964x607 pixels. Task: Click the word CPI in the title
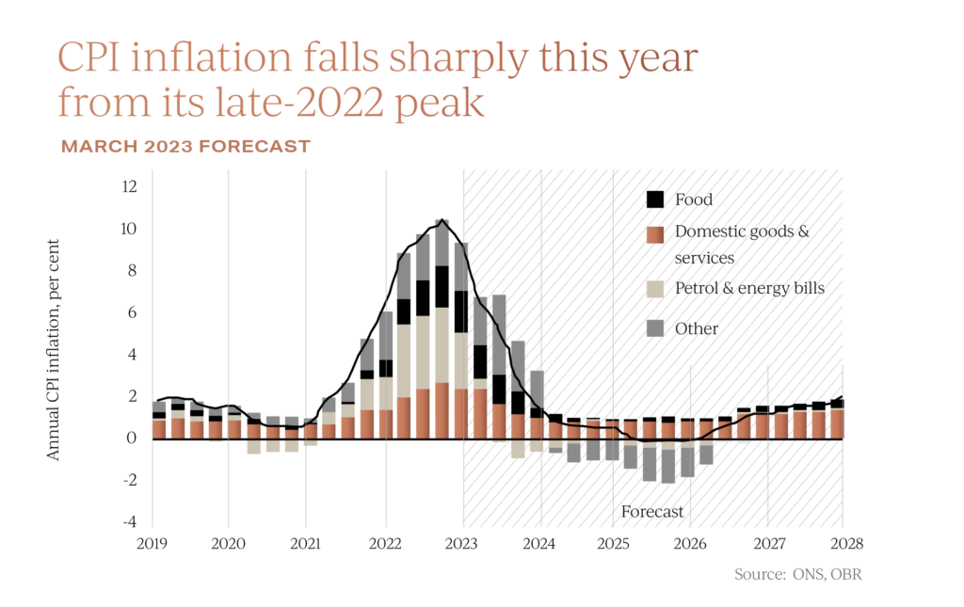(x=91, y=58)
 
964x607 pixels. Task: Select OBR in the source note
(x=844, y=574)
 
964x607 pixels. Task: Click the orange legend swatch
(x=655, y=235)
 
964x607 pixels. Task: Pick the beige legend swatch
(x=655, y=288)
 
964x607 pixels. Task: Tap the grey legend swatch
(x=655, y=327)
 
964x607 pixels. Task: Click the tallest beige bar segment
(x=442, y=344)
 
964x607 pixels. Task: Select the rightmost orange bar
(x=837, y=423)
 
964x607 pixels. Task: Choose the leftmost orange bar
(x=159, y=428)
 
